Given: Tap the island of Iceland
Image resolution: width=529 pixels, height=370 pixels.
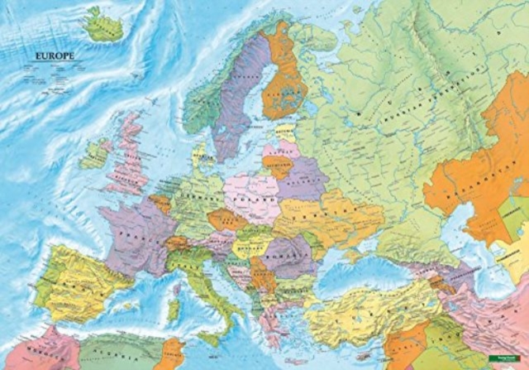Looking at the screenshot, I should coord(105,24).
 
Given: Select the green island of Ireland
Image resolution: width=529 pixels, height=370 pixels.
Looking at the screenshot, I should coord(94,154).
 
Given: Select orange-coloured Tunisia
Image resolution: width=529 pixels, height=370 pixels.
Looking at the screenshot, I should coord(171,352).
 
